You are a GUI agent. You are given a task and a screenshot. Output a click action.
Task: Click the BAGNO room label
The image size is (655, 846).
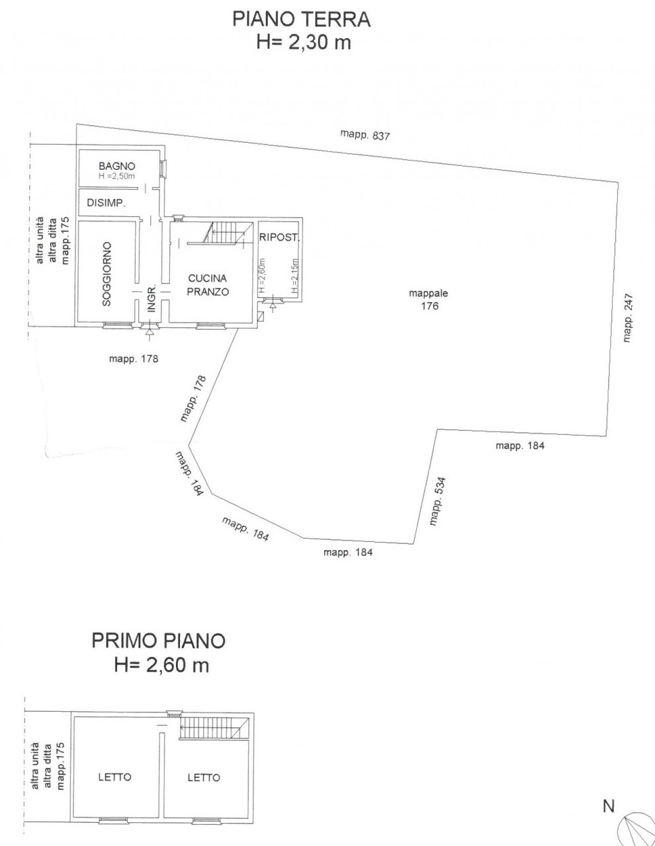117,166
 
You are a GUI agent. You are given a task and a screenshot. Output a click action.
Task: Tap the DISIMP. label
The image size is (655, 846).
106,203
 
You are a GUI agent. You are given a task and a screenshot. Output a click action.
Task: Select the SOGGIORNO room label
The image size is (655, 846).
107,274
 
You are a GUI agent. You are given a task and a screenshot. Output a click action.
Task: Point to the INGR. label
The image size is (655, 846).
152,298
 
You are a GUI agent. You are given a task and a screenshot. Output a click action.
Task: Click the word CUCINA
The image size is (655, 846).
207,278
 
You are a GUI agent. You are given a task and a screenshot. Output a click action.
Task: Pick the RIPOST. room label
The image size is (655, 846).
279,237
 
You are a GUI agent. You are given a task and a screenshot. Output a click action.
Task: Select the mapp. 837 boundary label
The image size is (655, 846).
365,135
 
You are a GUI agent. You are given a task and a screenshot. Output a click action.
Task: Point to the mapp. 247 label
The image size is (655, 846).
628,318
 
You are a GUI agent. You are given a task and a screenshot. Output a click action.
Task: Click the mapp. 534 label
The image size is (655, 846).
437,502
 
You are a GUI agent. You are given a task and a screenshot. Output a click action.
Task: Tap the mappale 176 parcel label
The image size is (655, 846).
429,299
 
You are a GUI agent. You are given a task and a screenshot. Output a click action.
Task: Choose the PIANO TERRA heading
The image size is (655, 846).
301,19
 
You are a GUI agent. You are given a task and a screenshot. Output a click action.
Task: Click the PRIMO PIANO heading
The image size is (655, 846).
159,641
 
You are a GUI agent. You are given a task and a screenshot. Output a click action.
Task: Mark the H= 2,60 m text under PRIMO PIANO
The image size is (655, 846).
161,665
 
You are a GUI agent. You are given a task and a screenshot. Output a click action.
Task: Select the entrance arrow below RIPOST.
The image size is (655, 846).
273,307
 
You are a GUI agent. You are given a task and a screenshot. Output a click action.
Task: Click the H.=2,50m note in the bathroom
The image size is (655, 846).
117,176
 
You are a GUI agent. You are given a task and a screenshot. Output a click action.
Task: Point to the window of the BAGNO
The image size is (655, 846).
164,167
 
